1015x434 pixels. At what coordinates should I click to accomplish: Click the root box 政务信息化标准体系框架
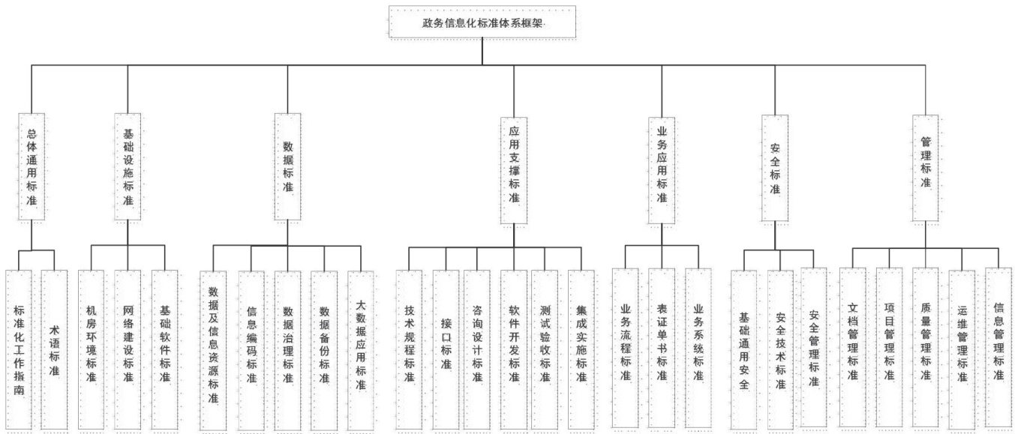pos(482,22)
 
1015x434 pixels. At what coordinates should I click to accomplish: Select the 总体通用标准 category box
pos(32,166)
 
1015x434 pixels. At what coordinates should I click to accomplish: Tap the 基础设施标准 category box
pos(128,166)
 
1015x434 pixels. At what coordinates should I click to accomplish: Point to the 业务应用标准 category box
pos(662,169)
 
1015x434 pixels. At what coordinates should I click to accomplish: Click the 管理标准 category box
pos(926,166)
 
